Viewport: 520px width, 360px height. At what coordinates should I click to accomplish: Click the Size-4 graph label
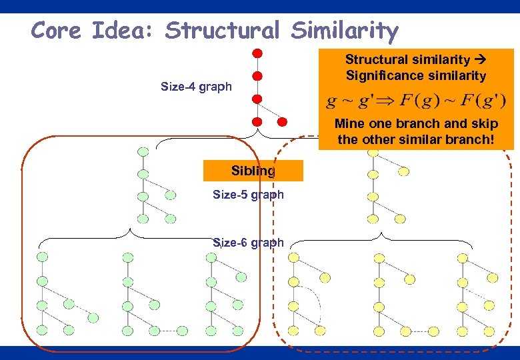tap(196, 87)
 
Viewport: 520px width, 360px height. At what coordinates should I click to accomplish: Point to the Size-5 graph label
tap(248, 195)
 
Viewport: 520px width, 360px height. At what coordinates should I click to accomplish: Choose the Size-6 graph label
tap(248, 243)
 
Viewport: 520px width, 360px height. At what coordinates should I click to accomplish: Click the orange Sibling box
tap(253, 171)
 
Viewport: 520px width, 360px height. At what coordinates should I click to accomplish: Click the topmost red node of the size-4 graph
tap(257, 53)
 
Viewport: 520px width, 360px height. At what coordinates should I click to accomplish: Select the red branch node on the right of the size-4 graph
tap(282, 122)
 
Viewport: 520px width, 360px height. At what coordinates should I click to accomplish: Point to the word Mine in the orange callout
tap(350, 124)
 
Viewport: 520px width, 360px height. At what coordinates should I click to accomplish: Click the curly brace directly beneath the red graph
tap(256, 135)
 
